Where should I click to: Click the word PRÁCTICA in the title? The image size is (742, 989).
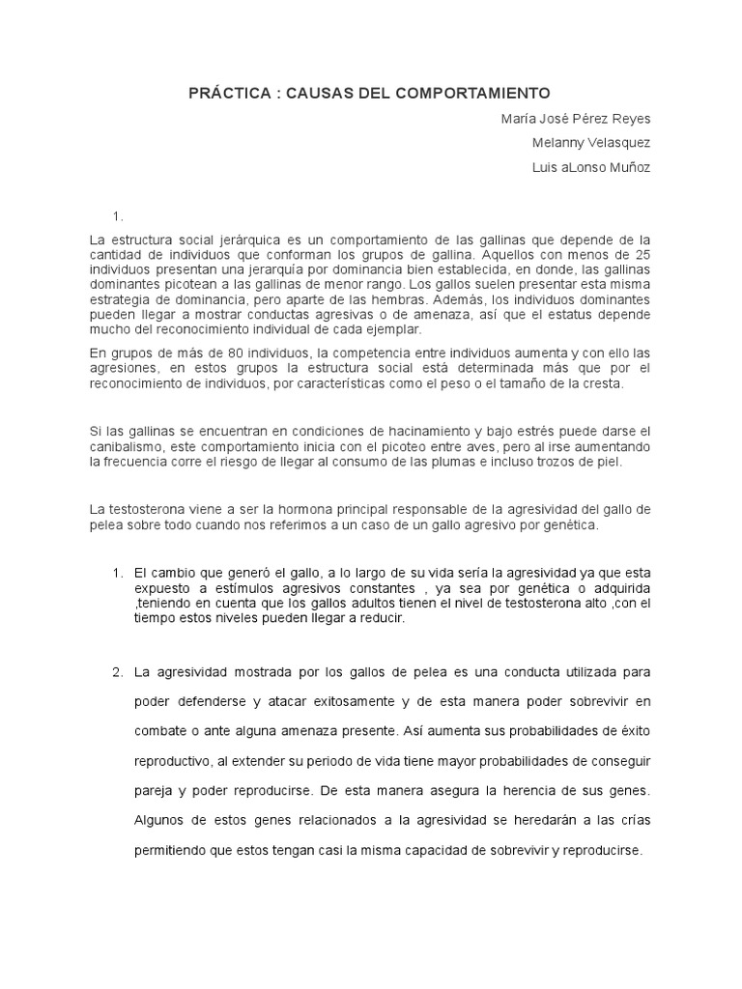pyautogui.click(x=227, y=93)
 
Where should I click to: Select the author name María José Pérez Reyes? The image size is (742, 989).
pyautogui.click(x=576, y=119)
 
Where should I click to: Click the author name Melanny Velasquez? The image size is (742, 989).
pyautogui.click(x=591, y=143)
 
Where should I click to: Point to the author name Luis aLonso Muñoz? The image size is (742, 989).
pyautogui.click(x=591, y=167)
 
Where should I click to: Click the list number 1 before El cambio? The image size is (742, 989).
pyautogui.click(x=117, y=573)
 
